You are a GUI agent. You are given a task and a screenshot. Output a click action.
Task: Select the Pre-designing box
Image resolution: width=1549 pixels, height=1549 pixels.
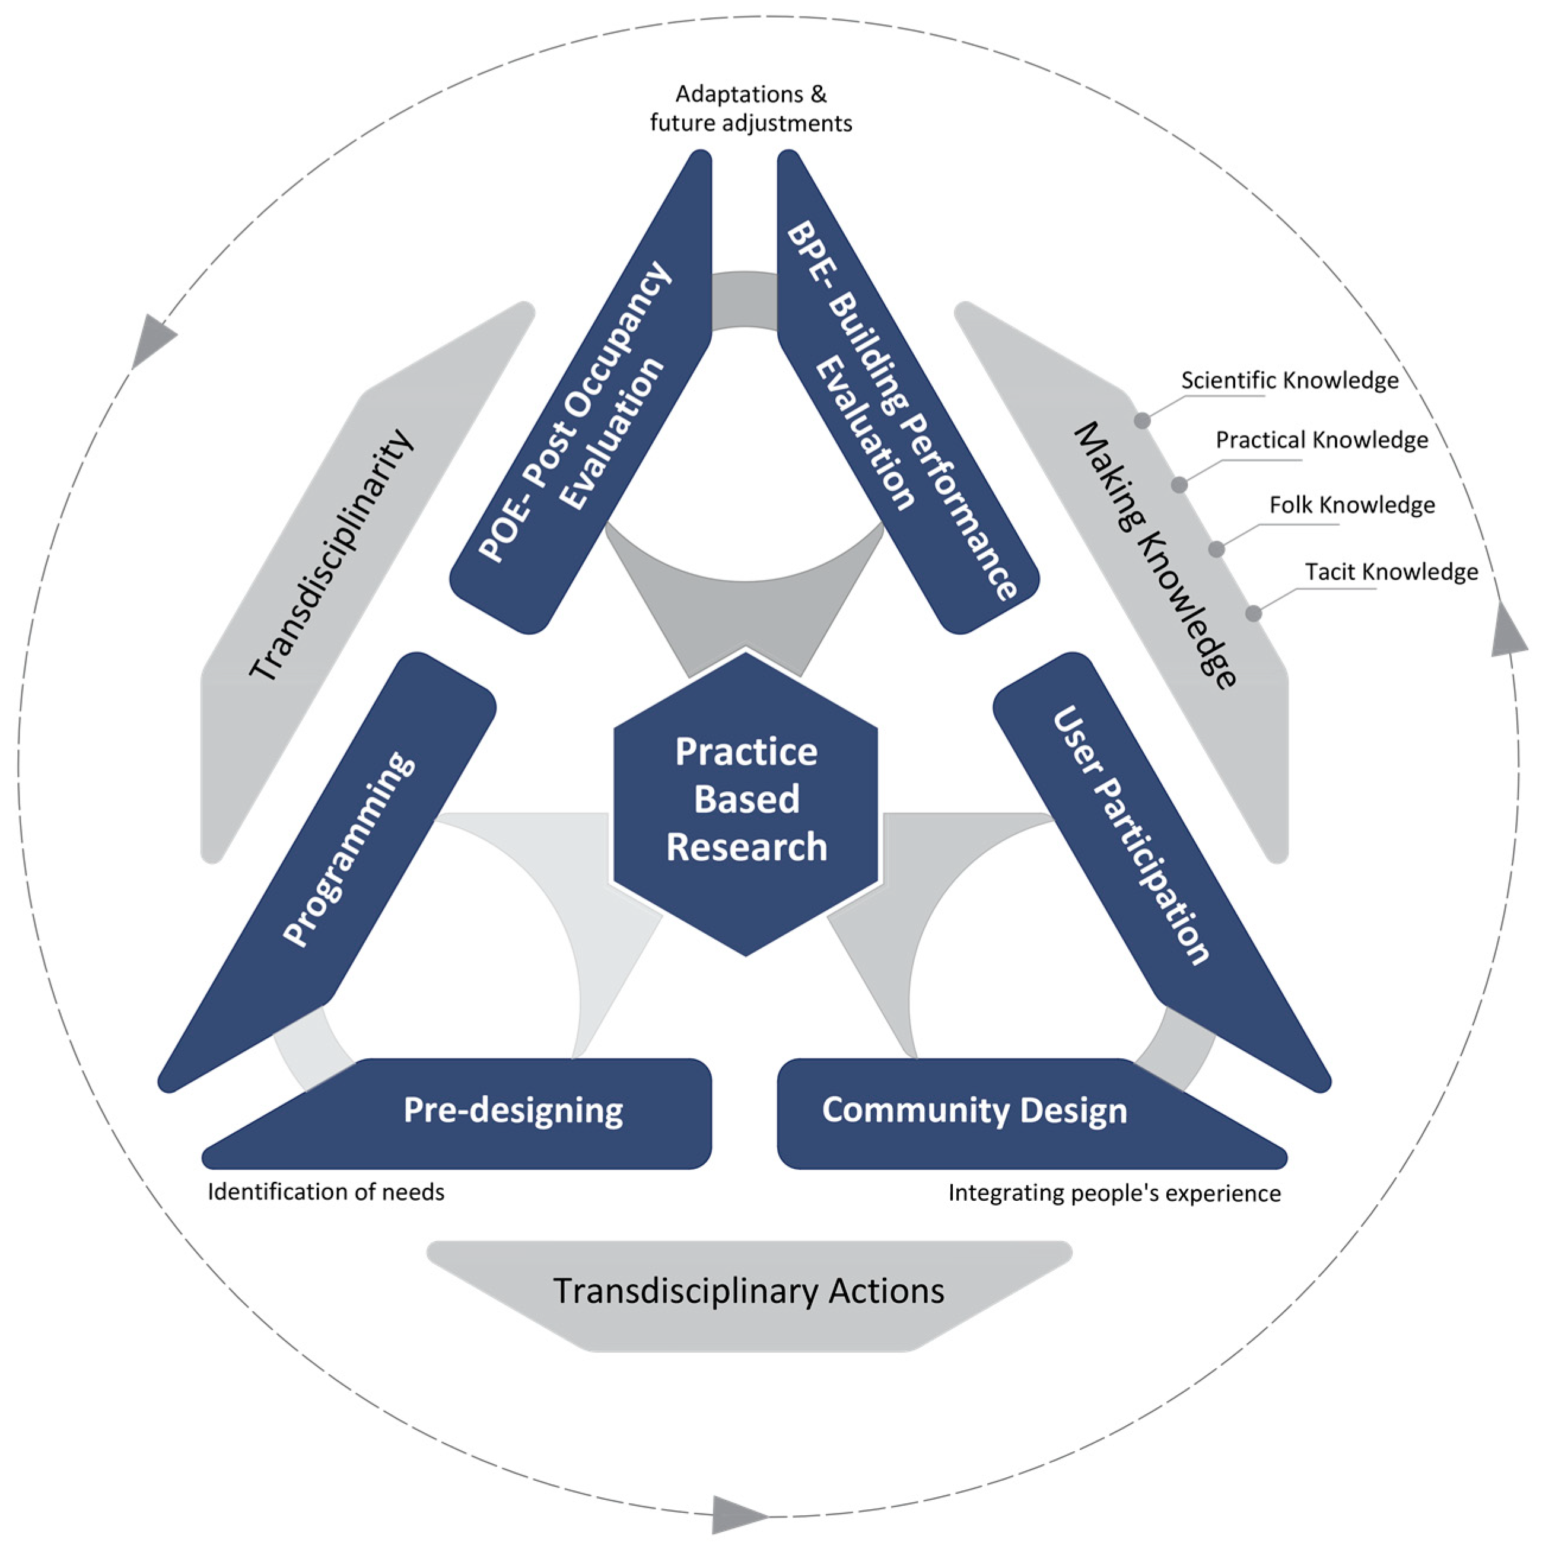513,1111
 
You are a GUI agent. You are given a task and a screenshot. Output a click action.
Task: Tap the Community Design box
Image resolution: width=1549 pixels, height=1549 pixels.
974,1111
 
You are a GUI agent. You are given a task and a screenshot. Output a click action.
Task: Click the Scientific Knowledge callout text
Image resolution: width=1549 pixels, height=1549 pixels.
1289,381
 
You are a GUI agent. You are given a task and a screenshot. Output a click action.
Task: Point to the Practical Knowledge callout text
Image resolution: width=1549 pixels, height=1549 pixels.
1321,440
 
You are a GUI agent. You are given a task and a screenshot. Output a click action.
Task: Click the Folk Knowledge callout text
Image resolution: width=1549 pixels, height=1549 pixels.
1352,505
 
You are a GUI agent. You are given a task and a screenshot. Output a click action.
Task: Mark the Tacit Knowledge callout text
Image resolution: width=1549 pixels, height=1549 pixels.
1391,572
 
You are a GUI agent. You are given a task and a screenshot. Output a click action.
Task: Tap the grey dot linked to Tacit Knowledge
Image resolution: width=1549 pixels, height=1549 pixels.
1253,614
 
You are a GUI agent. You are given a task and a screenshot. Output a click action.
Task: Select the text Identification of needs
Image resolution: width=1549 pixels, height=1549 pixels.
326,1192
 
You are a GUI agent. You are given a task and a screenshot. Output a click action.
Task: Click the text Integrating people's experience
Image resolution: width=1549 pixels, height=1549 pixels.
1115,1193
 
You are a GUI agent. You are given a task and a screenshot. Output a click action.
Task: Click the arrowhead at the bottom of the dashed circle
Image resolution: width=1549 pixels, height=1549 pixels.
737,1514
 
